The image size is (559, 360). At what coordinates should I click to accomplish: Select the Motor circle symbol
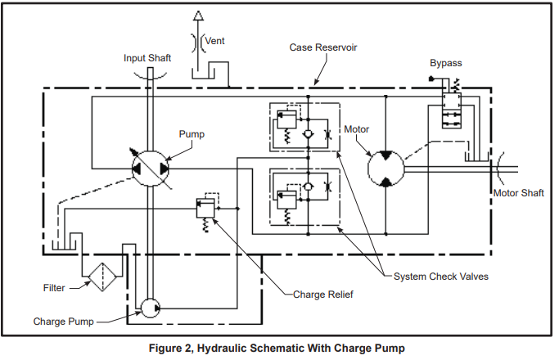click(385, 169)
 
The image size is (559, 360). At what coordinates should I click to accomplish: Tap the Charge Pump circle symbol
click(150, 308)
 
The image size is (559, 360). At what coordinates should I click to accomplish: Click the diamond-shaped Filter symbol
click(103, 277)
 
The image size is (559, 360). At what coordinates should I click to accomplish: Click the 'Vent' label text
click(215, 40)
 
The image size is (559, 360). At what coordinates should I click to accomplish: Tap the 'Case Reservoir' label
click(323, 48)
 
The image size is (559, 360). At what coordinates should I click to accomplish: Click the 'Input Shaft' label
click(147, 58)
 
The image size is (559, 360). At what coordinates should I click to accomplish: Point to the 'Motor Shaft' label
click(519, 194)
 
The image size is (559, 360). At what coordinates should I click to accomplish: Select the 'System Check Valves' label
click(441, 277)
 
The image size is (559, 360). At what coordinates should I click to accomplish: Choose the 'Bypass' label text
click(446, 63)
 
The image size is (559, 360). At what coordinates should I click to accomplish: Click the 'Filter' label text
click(54, 288)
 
